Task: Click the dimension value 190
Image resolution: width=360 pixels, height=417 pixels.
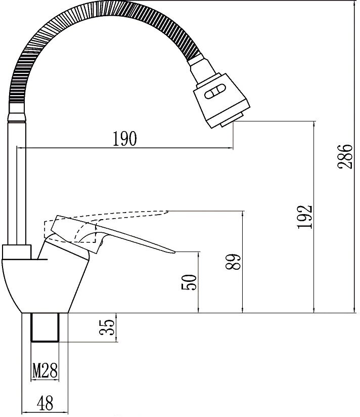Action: (124, 139)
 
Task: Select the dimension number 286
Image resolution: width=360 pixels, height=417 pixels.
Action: (345, 157)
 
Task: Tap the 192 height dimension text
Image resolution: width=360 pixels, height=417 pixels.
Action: (305, 217)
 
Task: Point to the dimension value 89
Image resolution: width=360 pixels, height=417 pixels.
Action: (233, 262)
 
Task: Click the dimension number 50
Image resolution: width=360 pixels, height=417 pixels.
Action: (189, 282)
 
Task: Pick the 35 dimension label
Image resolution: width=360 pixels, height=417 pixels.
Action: (107, 327)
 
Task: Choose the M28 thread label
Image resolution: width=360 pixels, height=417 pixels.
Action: (45, 370)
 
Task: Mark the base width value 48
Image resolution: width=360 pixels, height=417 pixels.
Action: (45, 403)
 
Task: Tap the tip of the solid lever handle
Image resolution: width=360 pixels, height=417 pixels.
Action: (175, 252)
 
